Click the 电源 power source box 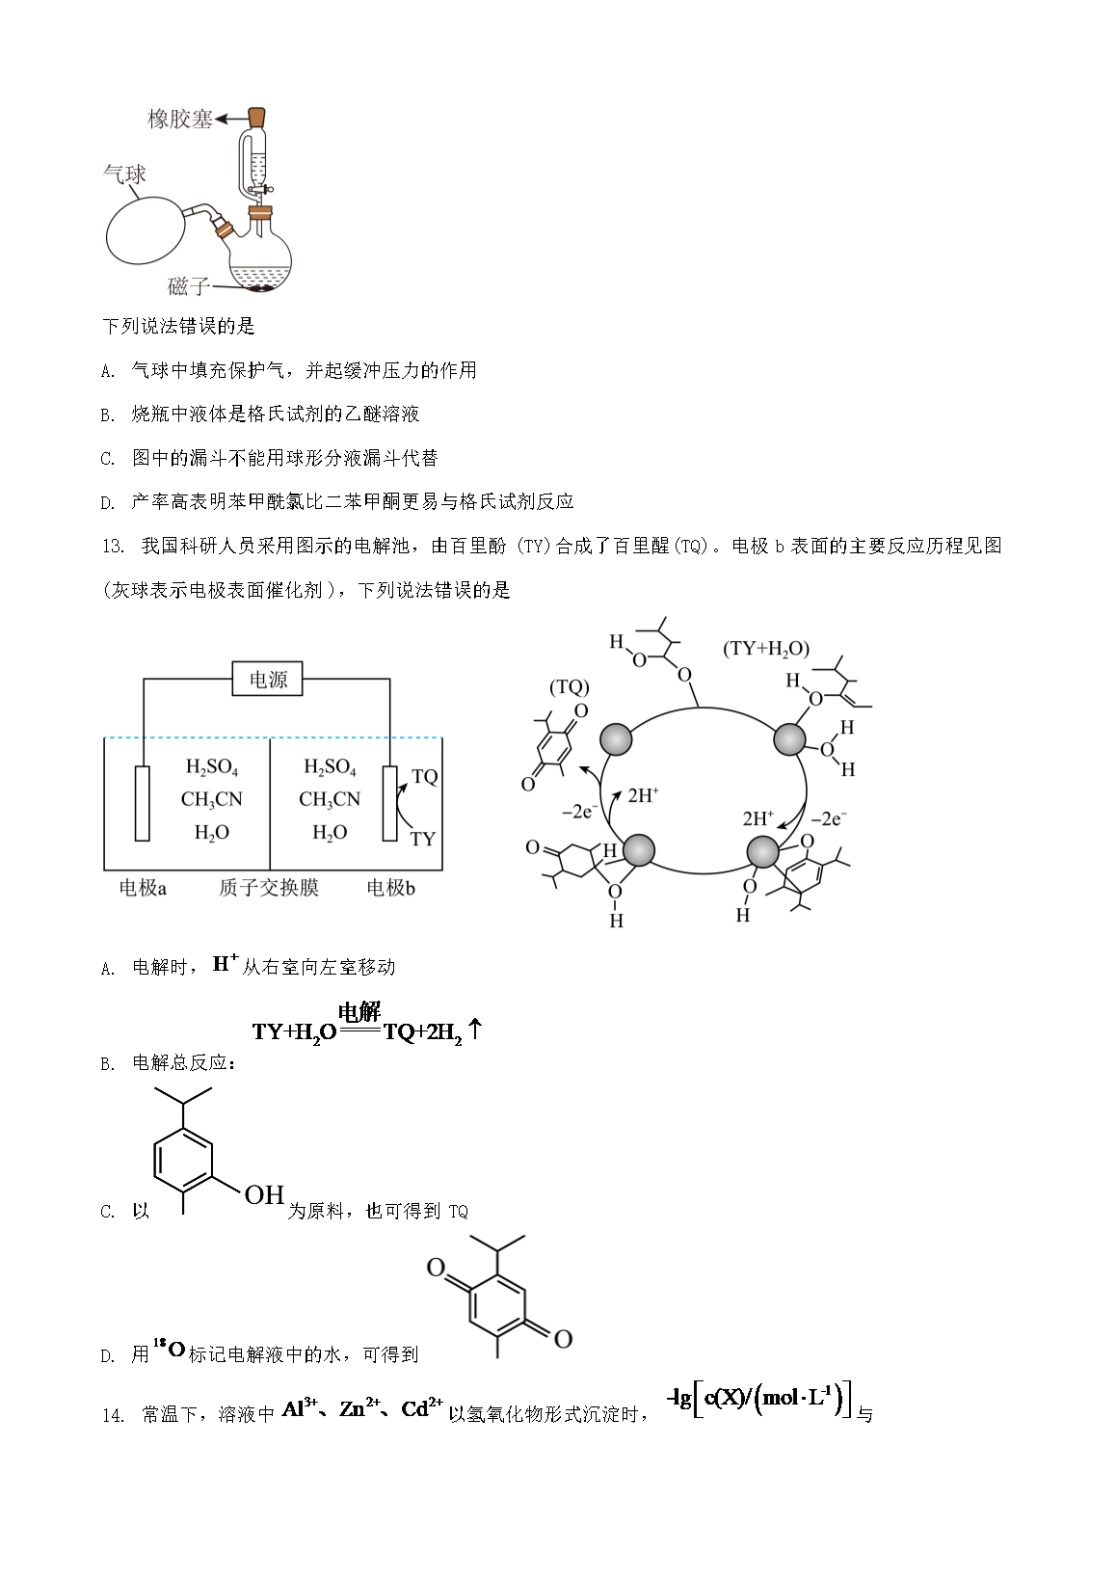(267, 679)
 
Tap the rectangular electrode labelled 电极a (143, 804)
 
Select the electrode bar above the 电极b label (389, 804)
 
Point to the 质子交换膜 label (269, 888)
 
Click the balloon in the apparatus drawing (146, 230)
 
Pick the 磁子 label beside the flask (188, 285)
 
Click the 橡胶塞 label (179, 120)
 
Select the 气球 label (124, 174)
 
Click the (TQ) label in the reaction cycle (569, 686)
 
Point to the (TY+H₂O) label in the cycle (766, 649)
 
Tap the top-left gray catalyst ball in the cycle (616, 739)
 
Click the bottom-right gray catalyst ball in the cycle (762, 852)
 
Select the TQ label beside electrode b (425, 776)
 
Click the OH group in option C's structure (264, 1194)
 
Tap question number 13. (113, 547)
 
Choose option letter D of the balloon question (107, 502)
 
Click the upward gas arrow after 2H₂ (475, 1029)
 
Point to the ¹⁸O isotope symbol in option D (169, 1349)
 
